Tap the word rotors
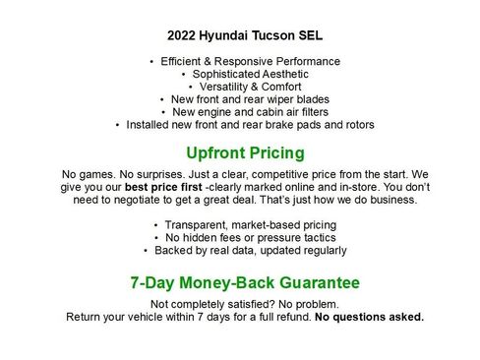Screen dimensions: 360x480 click(x=355, y=125)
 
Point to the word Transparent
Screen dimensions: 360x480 click(x=197, y=225)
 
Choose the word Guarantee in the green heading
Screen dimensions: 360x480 click(x=318, y=282)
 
